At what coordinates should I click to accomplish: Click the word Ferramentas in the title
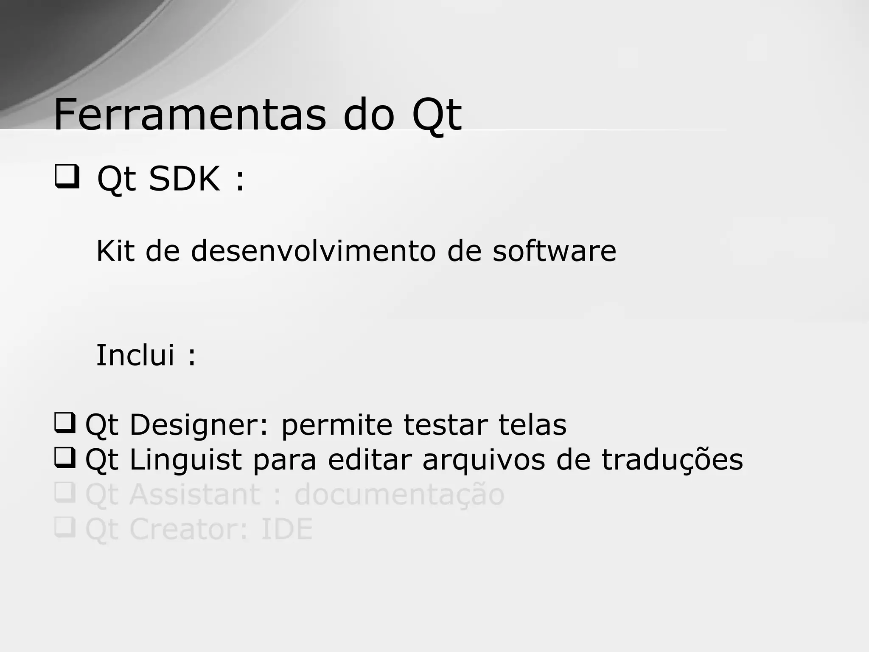point(190,115)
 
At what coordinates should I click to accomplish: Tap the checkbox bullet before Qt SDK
point(67,177)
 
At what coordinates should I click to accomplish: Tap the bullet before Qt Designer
point(65,423)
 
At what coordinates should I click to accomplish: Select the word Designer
point(199,425)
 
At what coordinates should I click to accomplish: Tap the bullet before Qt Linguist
point(65,458)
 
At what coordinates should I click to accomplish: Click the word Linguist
point(185,460)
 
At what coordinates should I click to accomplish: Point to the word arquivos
point(483,460)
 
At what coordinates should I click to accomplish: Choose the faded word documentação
point(399,495)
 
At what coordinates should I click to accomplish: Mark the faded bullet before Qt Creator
point(65,527)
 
